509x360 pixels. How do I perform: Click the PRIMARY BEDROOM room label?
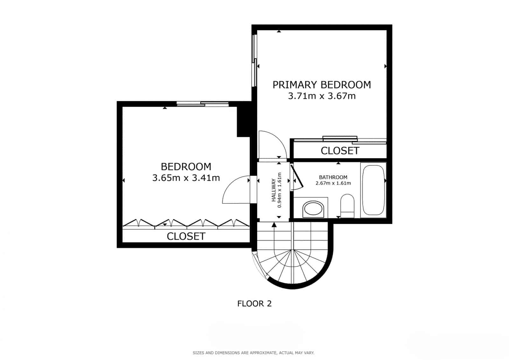coord(322,85)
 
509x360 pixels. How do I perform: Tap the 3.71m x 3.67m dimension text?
coord(322,96)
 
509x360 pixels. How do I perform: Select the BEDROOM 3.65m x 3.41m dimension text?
coord(186,178)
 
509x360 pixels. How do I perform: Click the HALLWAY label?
coord(274,190)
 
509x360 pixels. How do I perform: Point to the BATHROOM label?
coord(333,177)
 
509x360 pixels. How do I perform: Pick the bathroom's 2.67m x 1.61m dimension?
coord(333,183)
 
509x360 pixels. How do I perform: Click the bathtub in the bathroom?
coord(373,190)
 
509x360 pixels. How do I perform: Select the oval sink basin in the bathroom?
coord(313,209)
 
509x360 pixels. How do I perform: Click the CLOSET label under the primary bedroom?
coord(340,151)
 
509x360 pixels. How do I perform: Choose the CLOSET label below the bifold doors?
coord(186,236)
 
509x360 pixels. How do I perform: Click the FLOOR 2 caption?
coord(254,304)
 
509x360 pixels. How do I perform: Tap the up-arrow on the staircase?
coord(274,225)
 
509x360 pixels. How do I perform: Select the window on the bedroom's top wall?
coord(203,104)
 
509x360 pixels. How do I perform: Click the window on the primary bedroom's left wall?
coord(254,60)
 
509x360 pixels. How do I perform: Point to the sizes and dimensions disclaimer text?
coord(254,353)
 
